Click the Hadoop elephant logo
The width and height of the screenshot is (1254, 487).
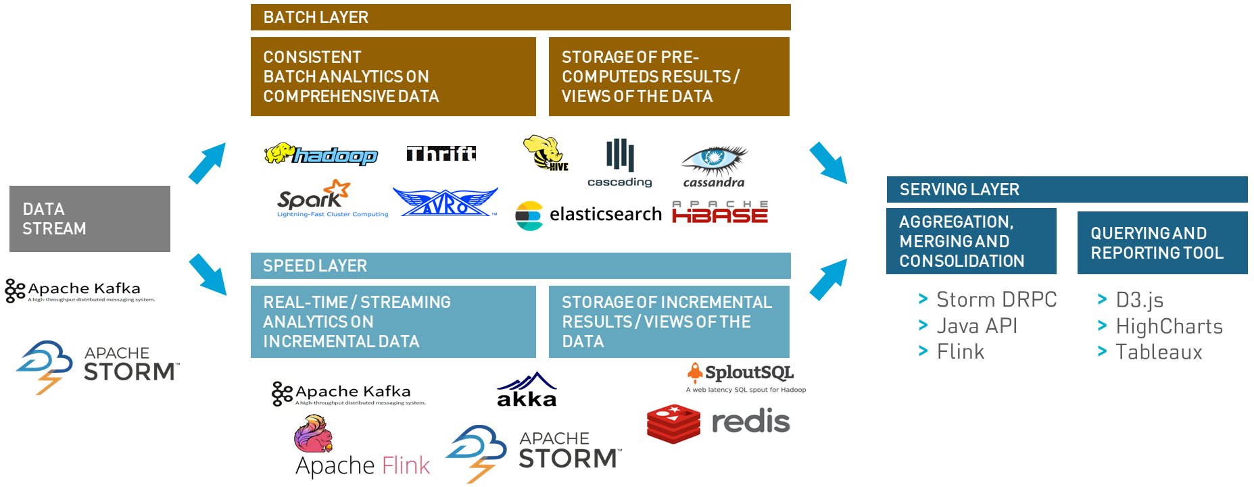[x=320, y=155]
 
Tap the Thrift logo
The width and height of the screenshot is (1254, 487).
[x=441, y=154]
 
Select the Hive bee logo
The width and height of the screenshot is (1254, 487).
[x=545, y=153]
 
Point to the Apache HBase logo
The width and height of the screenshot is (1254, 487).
[x=720, y=212]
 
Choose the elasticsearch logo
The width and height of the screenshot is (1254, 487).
[x=588, y=215]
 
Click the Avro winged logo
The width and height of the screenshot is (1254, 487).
[x=445, y=202]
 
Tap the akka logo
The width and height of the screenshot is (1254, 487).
[x=527, y=390]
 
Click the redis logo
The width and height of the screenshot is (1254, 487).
[x=718, y=423]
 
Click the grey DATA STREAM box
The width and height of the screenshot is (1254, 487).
[x=90, y=219]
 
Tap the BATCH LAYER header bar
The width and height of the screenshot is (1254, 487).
[x=521, y=18]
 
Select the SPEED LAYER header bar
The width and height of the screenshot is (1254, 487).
[x=521, y=266]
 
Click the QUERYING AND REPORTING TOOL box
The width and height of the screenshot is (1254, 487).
[x=1162, y=243]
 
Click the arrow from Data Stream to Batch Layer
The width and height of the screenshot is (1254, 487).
[x=207, y=163]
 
